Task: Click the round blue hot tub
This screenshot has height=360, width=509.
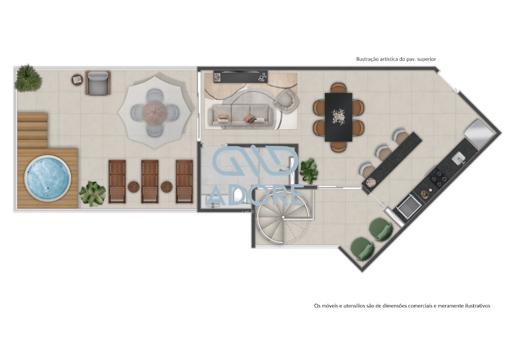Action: coord(47,179)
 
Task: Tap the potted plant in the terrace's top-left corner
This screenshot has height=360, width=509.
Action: coord(28,78)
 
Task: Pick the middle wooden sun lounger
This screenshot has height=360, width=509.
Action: coord(150,181)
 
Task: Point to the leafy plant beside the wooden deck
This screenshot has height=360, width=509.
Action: coord(93,194)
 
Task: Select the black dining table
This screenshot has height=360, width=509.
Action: coord(338,117)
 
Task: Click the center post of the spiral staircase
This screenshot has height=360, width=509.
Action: coord(283,217)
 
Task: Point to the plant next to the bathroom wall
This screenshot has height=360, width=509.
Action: coord(309,171)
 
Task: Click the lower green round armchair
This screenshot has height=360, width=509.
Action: coord(362,248)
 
